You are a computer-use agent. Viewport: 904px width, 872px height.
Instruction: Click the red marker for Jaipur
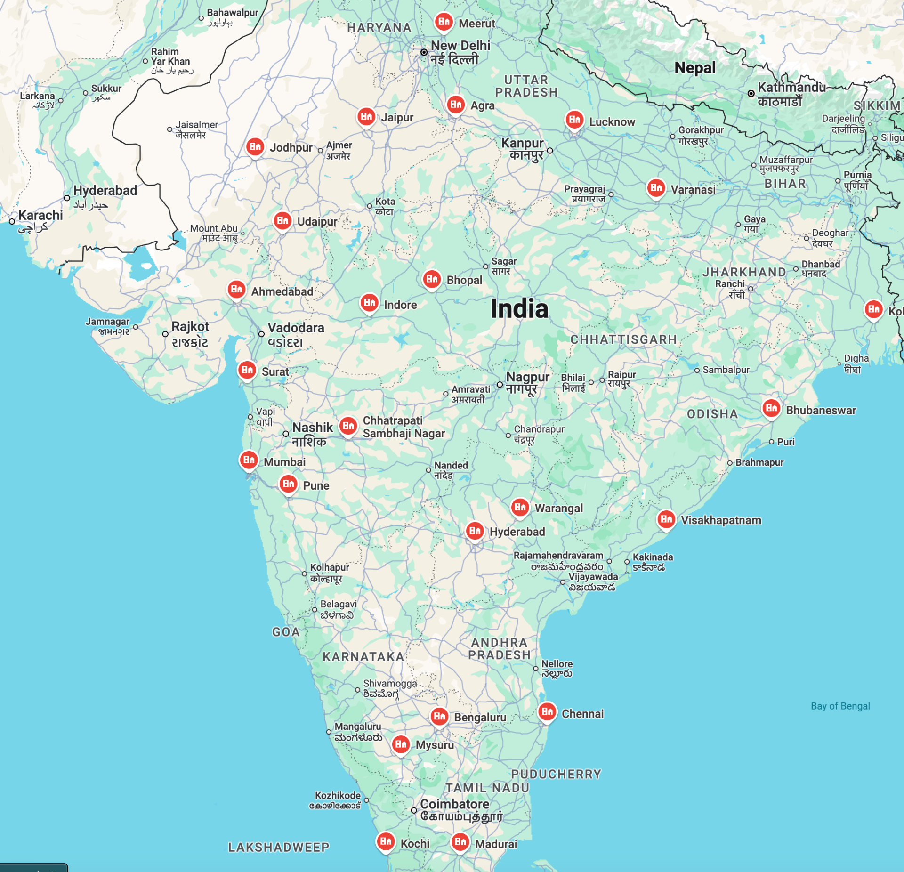click(x=366, y=116)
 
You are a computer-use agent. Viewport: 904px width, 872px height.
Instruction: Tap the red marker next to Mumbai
click(x=249, y=460)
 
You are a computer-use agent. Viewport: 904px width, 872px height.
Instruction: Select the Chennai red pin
click(x=547, y=711)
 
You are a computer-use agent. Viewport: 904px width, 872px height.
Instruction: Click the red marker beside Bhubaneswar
click(x=771, y=408)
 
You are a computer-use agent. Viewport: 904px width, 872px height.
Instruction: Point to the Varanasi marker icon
click(x=656, y=188)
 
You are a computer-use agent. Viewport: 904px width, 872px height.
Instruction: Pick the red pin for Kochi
click(x=386, y=841)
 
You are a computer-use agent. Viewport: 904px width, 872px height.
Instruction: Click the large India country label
click(x=519, y=309)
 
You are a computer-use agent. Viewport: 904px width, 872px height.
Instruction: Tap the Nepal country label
click(x=695, y=68)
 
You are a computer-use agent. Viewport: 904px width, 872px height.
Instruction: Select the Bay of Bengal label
click(x=840, y=706)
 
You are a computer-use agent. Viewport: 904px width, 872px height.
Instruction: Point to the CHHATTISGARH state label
click(x=623, y=339)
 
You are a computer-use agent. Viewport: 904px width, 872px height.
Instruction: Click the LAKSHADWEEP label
click(x=279, y=847)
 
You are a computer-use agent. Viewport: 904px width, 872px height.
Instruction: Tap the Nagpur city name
click(x=527, y=378)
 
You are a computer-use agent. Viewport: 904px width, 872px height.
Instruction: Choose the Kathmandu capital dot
click(x=751, y=93)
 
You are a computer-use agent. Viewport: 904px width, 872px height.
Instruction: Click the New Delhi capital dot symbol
click(x=424, y=52)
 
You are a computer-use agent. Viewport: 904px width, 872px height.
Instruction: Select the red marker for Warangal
click(x=520, y=507)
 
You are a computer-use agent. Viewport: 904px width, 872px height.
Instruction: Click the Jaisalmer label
click(x=196, y=125)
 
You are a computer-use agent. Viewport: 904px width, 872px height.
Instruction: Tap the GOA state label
click(x=286, y=632)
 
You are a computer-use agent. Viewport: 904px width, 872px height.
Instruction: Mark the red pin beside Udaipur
click(x=282, y=220)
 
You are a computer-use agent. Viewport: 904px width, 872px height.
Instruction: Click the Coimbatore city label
click(x=454, y=804)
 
